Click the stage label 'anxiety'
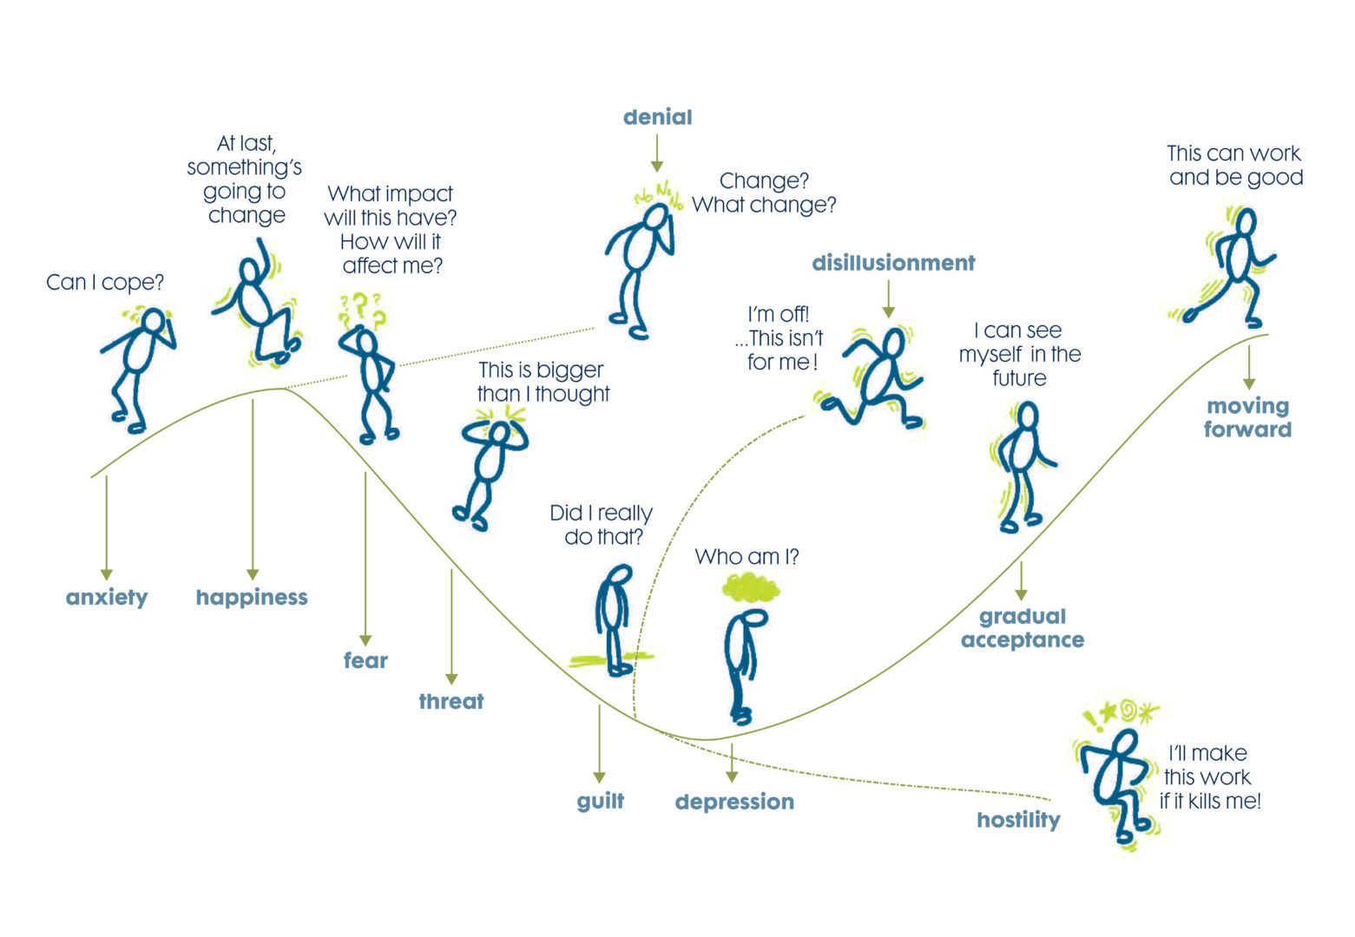tap(107, 597)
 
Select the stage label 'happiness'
tap(252, 597)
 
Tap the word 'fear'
tap(365, 660)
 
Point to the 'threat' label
tap(451, 701)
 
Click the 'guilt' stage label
tap(600, 801)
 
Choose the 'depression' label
tap(734, 802)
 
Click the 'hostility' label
tap(1018, 820)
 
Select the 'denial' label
tap(657, 117)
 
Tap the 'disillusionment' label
tap(893, 263)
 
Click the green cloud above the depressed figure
tap(751, 588)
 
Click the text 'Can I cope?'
tap(105, 282)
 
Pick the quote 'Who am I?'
tap(747, 557)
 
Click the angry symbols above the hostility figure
tap(1120, 713)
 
